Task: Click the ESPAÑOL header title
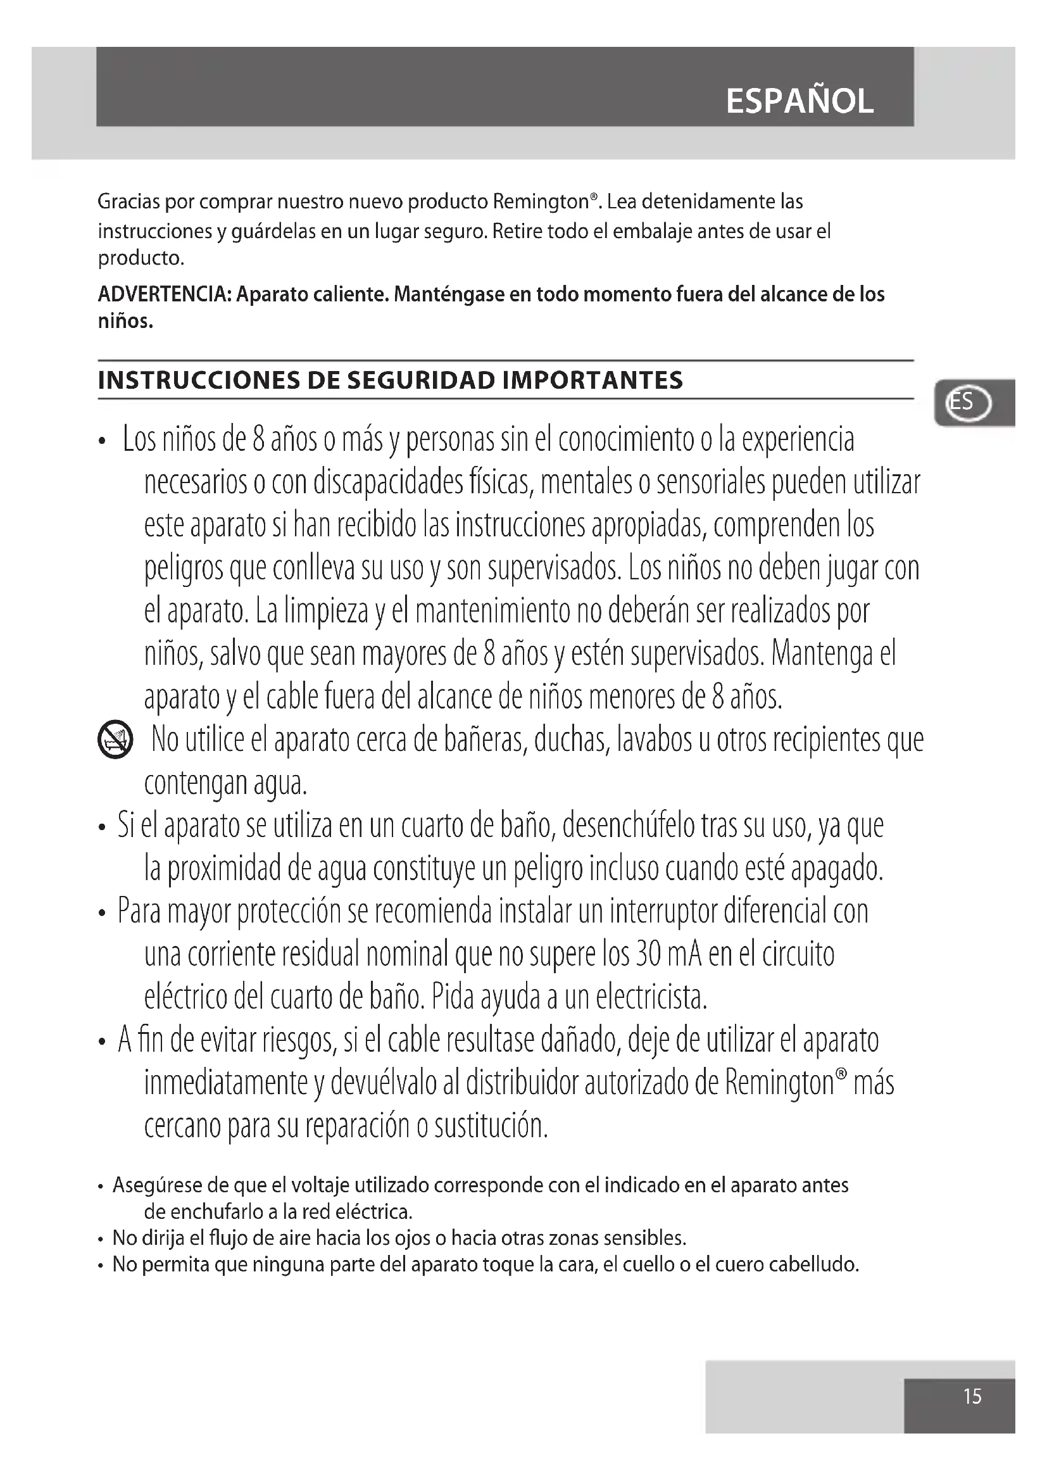tap(799, 101)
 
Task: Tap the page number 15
tap(972, 1397)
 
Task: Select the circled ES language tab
tap(967, 403)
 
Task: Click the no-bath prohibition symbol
tap(115, 740)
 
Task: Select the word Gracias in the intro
tap(128, 202)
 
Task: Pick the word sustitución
tap(491, 1126)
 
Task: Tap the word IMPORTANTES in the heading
tap(592, 381)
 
